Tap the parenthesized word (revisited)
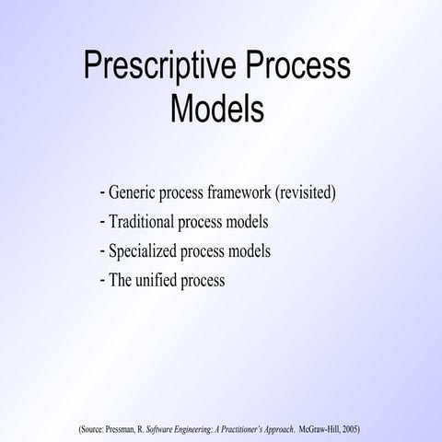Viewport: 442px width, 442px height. (304, 194)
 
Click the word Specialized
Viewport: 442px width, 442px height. (142, 250)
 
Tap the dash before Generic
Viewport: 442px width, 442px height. (101, 194)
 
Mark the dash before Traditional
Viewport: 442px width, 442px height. (101, 222)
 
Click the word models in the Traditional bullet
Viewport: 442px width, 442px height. (247, 222)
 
